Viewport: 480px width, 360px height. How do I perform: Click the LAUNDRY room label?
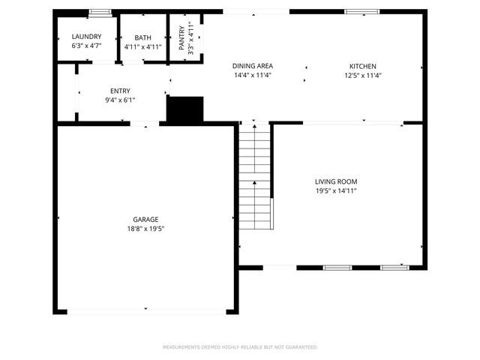(x=86, y=37)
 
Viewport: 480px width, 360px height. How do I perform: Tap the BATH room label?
(x=142, y=37)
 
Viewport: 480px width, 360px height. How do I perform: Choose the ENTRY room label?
(x=120, y=91)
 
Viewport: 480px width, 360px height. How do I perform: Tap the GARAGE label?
(x=145, y=220)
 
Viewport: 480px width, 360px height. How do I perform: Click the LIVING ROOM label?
(x=335, y=181)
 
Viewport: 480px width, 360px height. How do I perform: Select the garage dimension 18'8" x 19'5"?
(x=145, y=229)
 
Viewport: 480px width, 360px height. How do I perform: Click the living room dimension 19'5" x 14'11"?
(x=335, y=190)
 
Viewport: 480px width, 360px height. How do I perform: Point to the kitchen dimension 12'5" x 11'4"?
(x=363, y=75)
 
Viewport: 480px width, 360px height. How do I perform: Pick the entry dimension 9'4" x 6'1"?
(x=120, y=100)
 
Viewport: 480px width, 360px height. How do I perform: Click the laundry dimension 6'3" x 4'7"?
(x=86, y=46)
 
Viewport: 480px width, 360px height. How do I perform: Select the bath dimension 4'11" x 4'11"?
(x=142, y=46)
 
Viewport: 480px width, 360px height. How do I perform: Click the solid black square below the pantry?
(x=184, y=110)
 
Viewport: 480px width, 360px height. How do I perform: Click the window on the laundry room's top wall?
(x=100, y=12)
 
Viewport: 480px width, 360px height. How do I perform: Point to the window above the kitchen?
(x=356, y=12)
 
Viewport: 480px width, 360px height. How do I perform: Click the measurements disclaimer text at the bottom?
(x=240, y=347)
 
